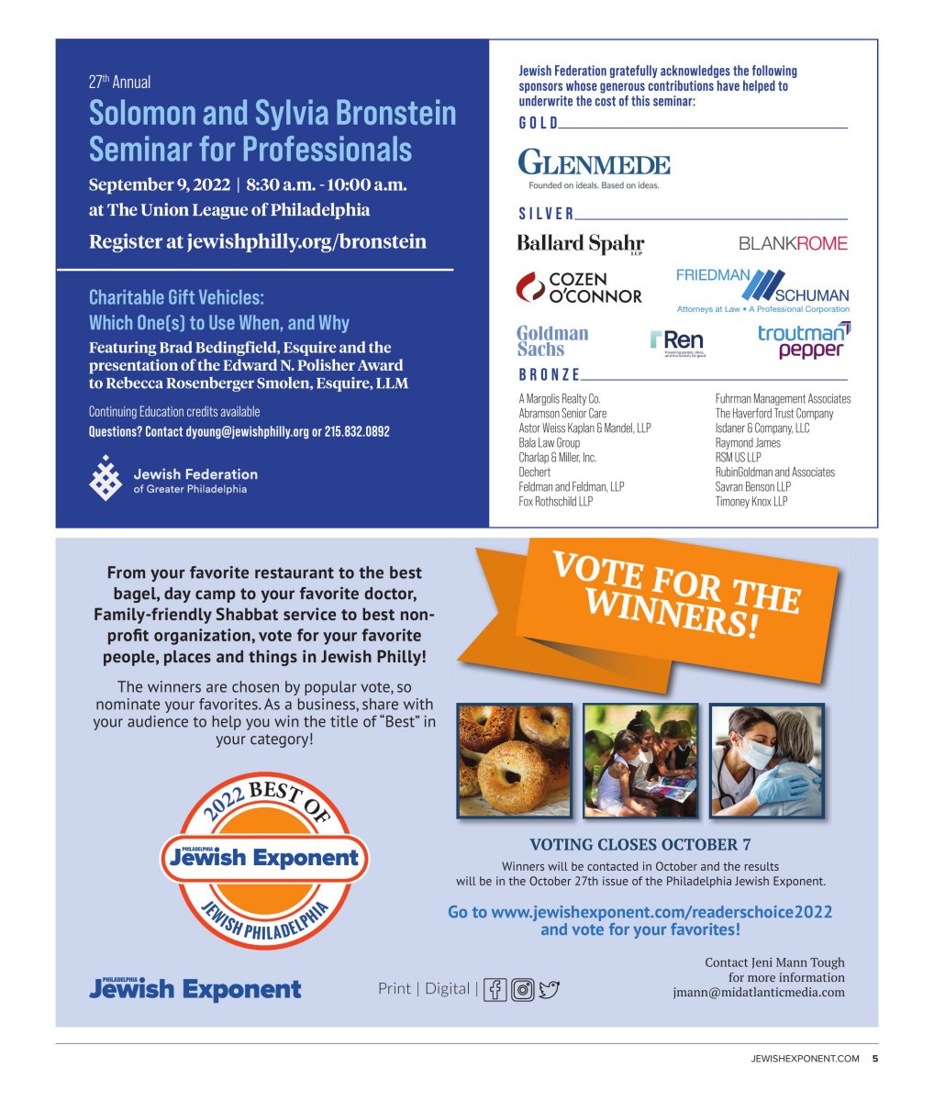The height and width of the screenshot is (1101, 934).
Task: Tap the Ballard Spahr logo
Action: pos(580,244)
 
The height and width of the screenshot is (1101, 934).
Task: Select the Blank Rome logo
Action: pos(793,243)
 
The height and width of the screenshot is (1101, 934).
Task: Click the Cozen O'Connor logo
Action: pos(579,287)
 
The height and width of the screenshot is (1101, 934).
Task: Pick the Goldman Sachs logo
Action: pos(552,340)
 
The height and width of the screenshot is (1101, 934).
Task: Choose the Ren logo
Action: pos(677,342)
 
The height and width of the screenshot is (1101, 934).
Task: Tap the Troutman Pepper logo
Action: pos(804,340)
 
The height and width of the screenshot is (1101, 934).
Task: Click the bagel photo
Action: pos(514,761)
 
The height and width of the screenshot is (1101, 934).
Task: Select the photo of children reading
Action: pos(640,761)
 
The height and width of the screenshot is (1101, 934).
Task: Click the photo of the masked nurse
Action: pos(767,761)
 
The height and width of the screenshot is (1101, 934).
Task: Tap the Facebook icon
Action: pos(495,989)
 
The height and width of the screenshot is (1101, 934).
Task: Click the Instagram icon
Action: pos(523,989)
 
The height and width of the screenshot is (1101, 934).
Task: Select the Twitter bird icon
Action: pos(550,989)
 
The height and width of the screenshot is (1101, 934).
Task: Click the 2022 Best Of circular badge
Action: pos(264,860)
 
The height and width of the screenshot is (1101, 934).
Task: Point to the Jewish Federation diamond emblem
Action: pos(105,478)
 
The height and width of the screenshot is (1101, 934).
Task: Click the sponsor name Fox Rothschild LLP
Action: pos(556,502)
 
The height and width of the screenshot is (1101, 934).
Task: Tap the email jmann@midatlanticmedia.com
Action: pos(759,992)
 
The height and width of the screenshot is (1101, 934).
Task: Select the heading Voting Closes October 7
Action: pos(640,845)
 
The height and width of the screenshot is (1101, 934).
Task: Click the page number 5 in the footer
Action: pos(874,1059)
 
